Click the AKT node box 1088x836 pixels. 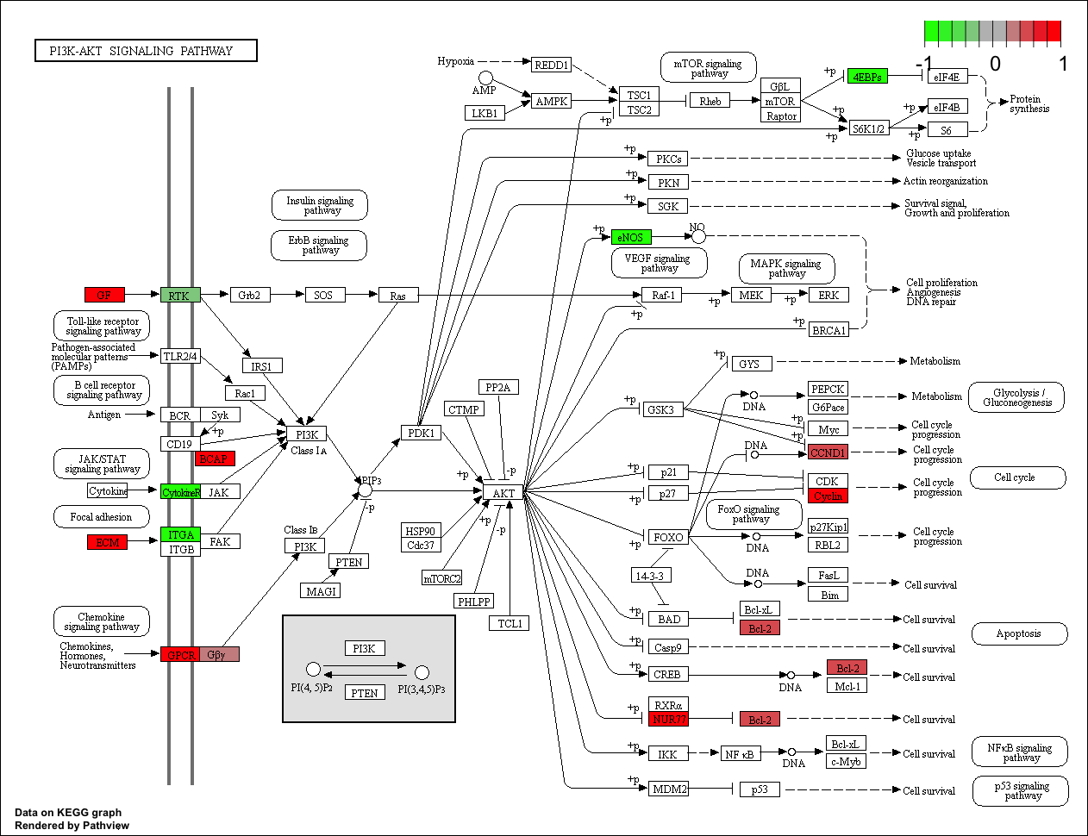pos(503,493)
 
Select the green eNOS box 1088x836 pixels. pos(631,237)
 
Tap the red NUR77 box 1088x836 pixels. pos(669,719)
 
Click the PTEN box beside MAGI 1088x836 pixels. pos(349,562)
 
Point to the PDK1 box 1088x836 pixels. pos(421,433)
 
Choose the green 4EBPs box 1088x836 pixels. pos(866,76)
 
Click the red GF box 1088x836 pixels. pos(104,295)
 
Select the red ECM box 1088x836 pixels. pos(108,542)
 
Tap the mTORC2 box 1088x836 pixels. pos(442,578)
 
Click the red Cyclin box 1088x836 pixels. pos(828,496)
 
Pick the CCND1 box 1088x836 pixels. pos(828,452)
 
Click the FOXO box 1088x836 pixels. pos(668,537)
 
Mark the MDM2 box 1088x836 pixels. pos(669,789)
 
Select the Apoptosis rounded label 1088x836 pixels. pos(1019,633)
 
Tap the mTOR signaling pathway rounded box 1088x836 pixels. pos(709,67)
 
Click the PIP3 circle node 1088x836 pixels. pos(365,490)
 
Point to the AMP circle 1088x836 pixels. pos(485,78)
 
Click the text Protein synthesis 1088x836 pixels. pos(1029,104)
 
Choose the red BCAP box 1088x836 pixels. pos(215,459)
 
